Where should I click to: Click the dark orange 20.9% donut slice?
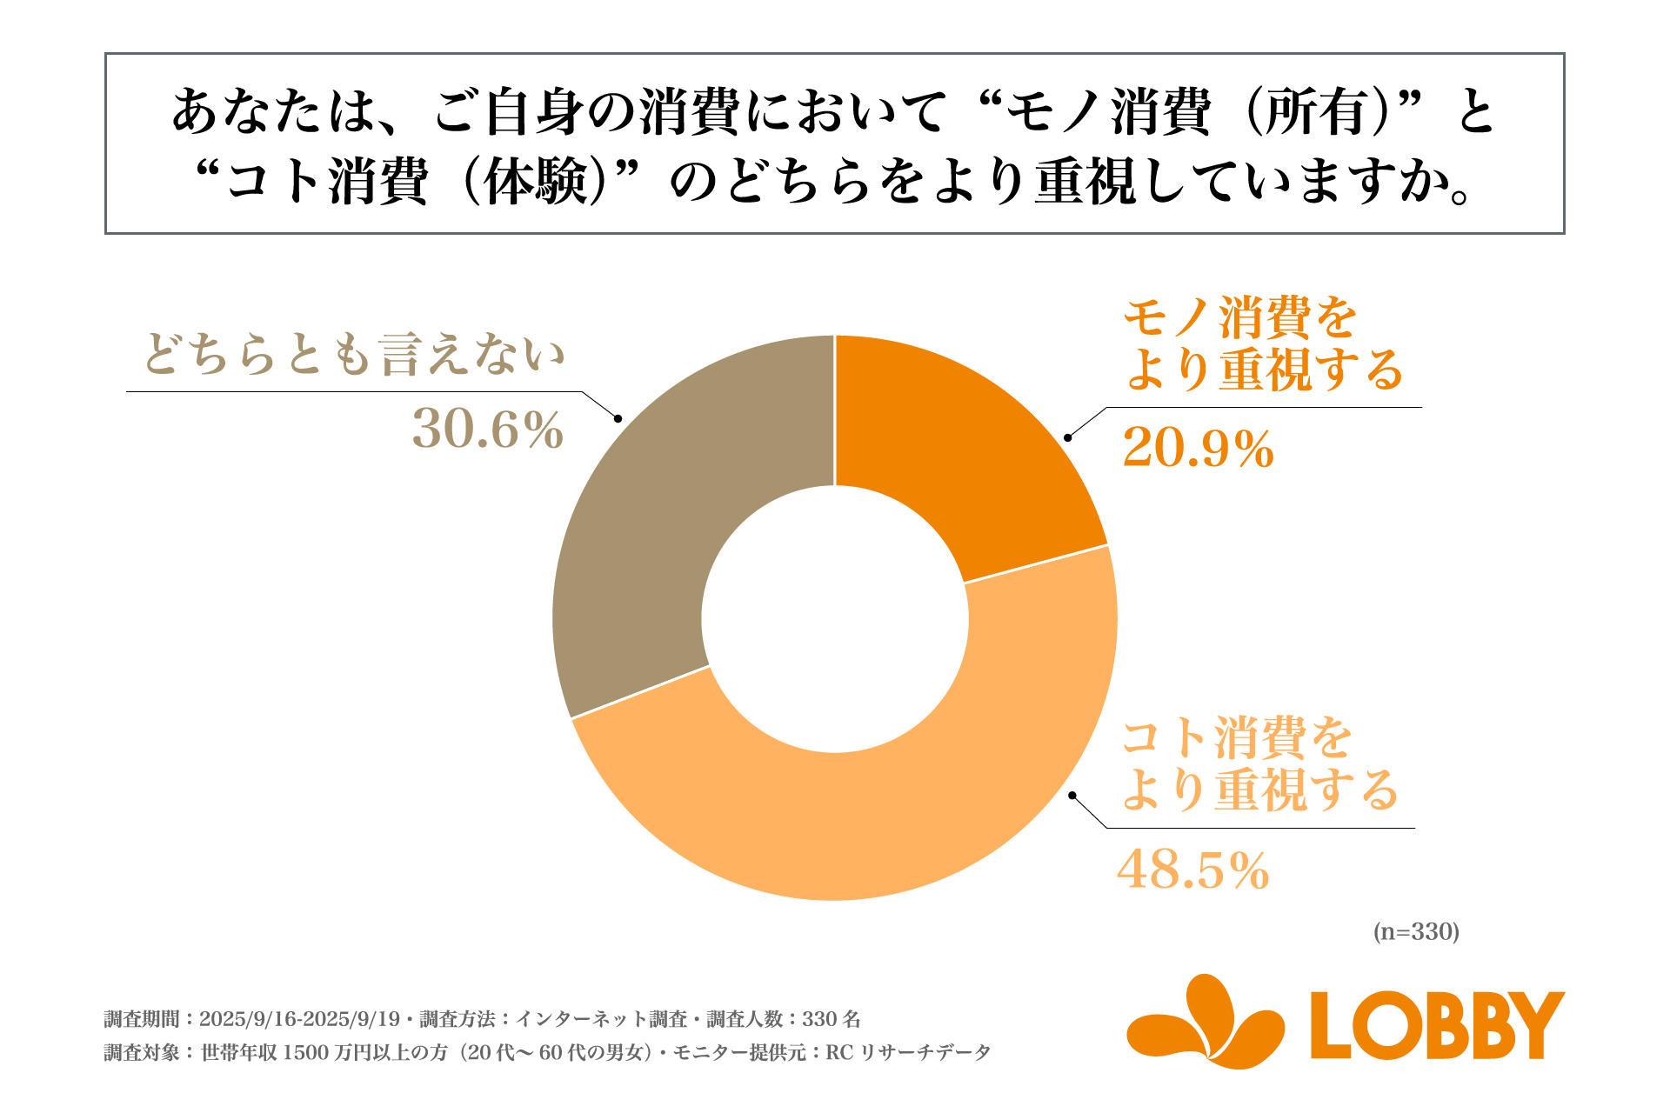(x=957, y=452)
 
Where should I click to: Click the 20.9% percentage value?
(x=1198, y=450)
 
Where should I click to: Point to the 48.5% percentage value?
(x=1192, y=870)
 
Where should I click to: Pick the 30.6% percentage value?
(x=488, y=430)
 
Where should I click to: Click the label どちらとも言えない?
(x=354, y=355)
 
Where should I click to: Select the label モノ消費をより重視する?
(x=1261, y=343)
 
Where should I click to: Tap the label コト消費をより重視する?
(x=1258, y=763)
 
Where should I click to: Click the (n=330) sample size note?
(x=1415, y=932)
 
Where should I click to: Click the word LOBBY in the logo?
(x=1437, y=1025)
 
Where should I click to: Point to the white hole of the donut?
(x=835, y=619)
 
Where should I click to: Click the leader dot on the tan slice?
(x=618, y=419)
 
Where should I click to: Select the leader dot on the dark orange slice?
(x=1068, y=437)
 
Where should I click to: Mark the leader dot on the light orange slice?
(x=1072, y=795)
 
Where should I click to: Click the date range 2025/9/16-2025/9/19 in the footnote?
(x=299, y=1019)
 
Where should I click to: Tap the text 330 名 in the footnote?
(x=831, y=1019)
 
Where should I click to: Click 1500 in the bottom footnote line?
(x=305, y=1053)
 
